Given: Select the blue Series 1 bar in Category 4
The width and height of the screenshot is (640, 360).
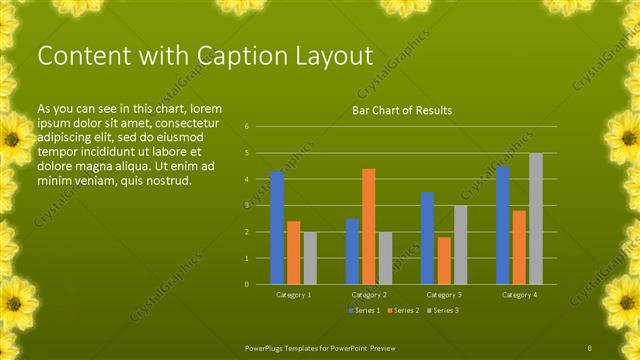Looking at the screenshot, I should click(x=503, y=225).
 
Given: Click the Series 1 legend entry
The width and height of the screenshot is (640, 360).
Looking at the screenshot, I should click(x=365, y=310).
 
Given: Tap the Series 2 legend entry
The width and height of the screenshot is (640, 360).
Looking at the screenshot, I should click(x=402, y=310).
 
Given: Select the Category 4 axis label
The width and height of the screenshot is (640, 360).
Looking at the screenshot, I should click(x=519, y=295).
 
